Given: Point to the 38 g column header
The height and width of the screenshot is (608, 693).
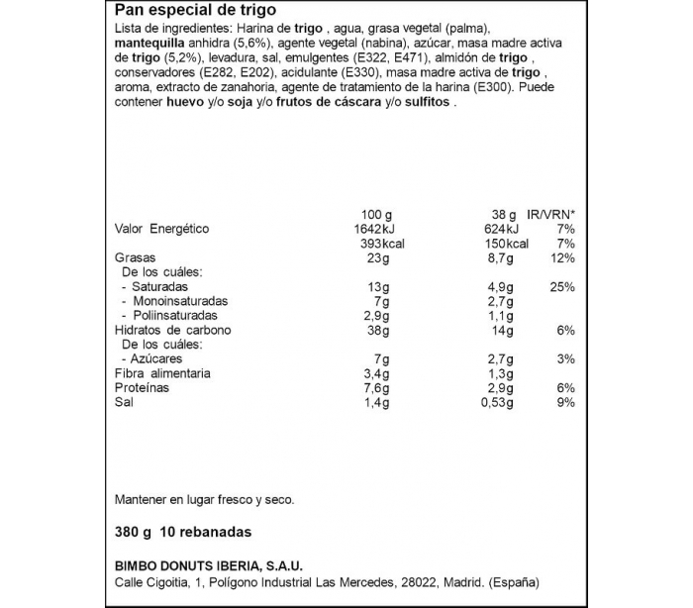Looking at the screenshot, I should [503, 215].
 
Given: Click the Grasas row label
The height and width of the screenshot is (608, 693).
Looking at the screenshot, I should [136, 257].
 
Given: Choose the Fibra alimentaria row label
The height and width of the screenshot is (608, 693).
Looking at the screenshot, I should [162, 373].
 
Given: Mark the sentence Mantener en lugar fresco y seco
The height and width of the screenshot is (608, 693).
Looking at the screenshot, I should [205, 500].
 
